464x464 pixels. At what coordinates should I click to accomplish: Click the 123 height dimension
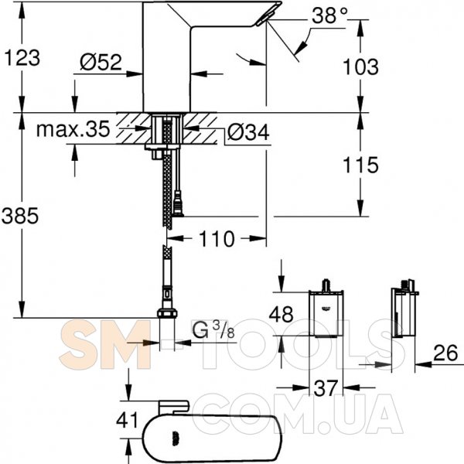coord(22,58)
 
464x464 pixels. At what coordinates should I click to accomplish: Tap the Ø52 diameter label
coord(101,62)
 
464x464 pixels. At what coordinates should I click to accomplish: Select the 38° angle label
coord(329,15)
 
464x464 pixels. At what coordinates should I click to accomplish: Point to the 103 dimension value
coord(360,67)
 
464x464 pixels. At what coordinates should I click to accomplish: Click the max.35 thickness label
coord(73,129)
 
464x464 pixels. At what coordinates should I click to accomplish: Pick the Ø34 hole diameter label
coord(248,132)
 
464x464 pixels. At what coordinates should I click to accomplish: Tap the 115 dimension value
coord(360,165)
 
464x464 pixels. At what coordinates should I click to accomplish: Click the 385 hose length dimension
coord(20,216)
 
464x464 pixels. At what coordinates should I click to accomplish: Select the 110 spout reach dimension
coord(217,239)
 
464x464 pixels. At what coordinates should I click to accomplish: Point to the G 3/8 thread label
coord(213,329)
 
